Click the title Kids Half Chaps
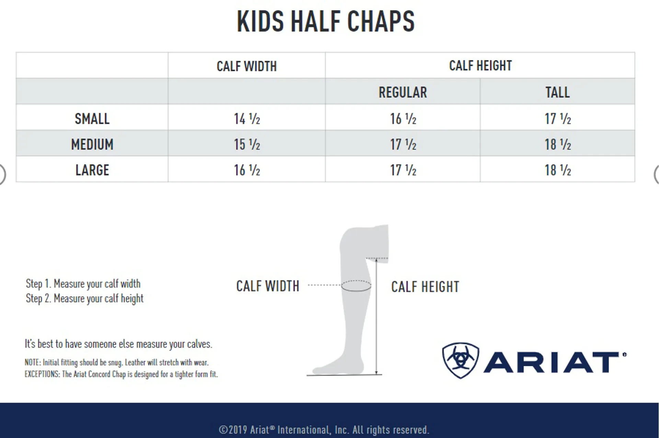[326, 21]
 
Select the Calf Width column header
[246, 66]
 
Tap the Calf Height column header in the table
[480, 66]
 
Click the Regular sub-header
[403, 92]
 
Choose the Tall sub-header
[557, 92]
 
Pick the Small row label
[92, 119]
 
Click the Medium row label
[92, 145]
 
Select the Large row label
[92, 170]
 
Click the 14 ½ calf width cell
[247, 119]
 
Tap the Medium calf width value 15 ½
[247, 145]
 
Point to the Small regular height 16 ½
[403, 119]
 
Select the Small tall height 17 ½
[558, 119]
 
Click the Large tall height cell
[558, 170]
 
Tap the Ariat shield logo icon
[461, 360]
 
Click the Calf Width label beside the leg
[268, 286]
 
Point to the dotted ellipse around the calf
[356, 281]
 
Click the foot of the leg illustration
[338, 367]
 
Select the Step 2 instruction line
[84, 299]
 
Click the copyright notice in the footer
[324, 430]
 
